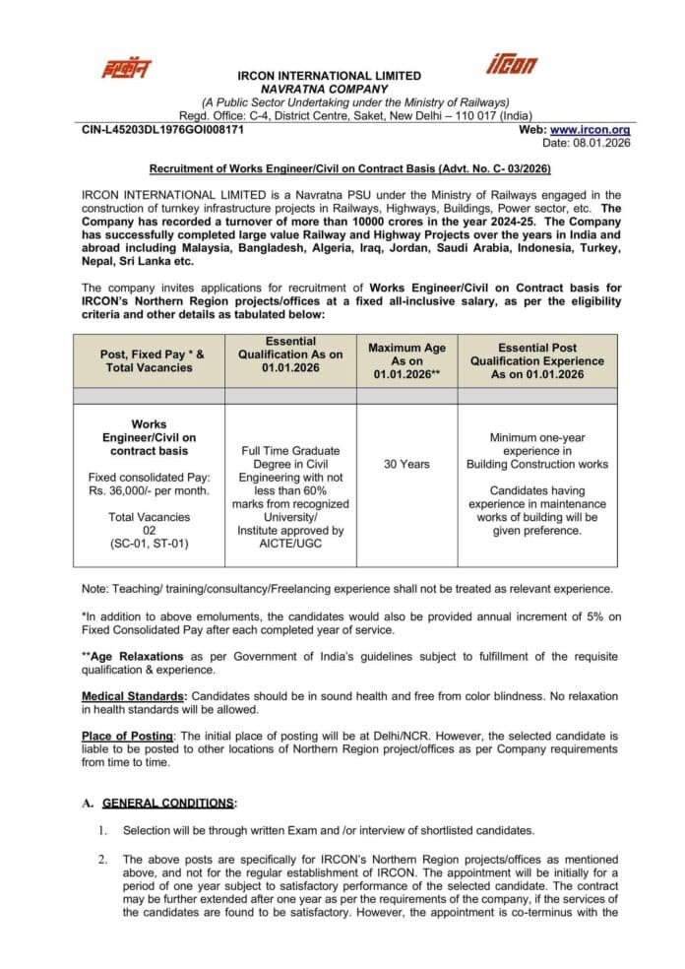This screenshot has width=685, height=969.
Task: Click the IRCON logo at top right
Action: [x=513, y=65]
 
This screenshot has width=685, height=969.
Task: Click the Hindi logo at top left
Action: [x=128, y=68]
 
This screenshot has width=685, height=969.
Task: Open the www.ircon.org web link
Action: [x=590, y=129]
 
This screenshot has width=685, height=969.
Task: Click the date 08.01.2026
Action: [x=604, y=143]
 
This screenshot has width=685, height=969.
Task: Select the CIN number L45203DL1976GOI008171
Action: [x=162, y=129]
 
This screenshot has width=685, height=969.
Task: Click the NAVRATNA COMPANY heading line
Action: [x=330, y=89]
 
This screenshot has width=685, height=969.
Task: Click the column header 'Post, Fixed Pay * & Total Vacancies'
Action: [x=150, y=360]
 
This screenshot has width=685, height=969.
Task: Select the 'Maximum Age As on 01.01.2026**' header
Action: [x=406, y=360]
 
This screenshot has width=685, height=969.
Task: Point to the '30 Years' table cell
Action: [x=406, y=464]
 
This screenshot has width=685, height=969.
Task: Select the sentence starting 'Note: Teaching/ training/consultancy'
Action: [x=347, y=589]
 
